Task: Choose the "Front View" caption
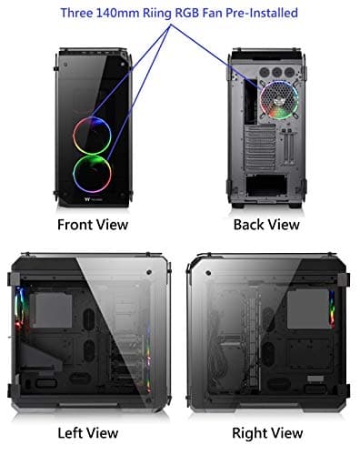pos(92,224)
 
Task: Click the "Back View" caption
pos(266,224)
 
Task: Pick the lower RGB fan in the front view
pos(92,171)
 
